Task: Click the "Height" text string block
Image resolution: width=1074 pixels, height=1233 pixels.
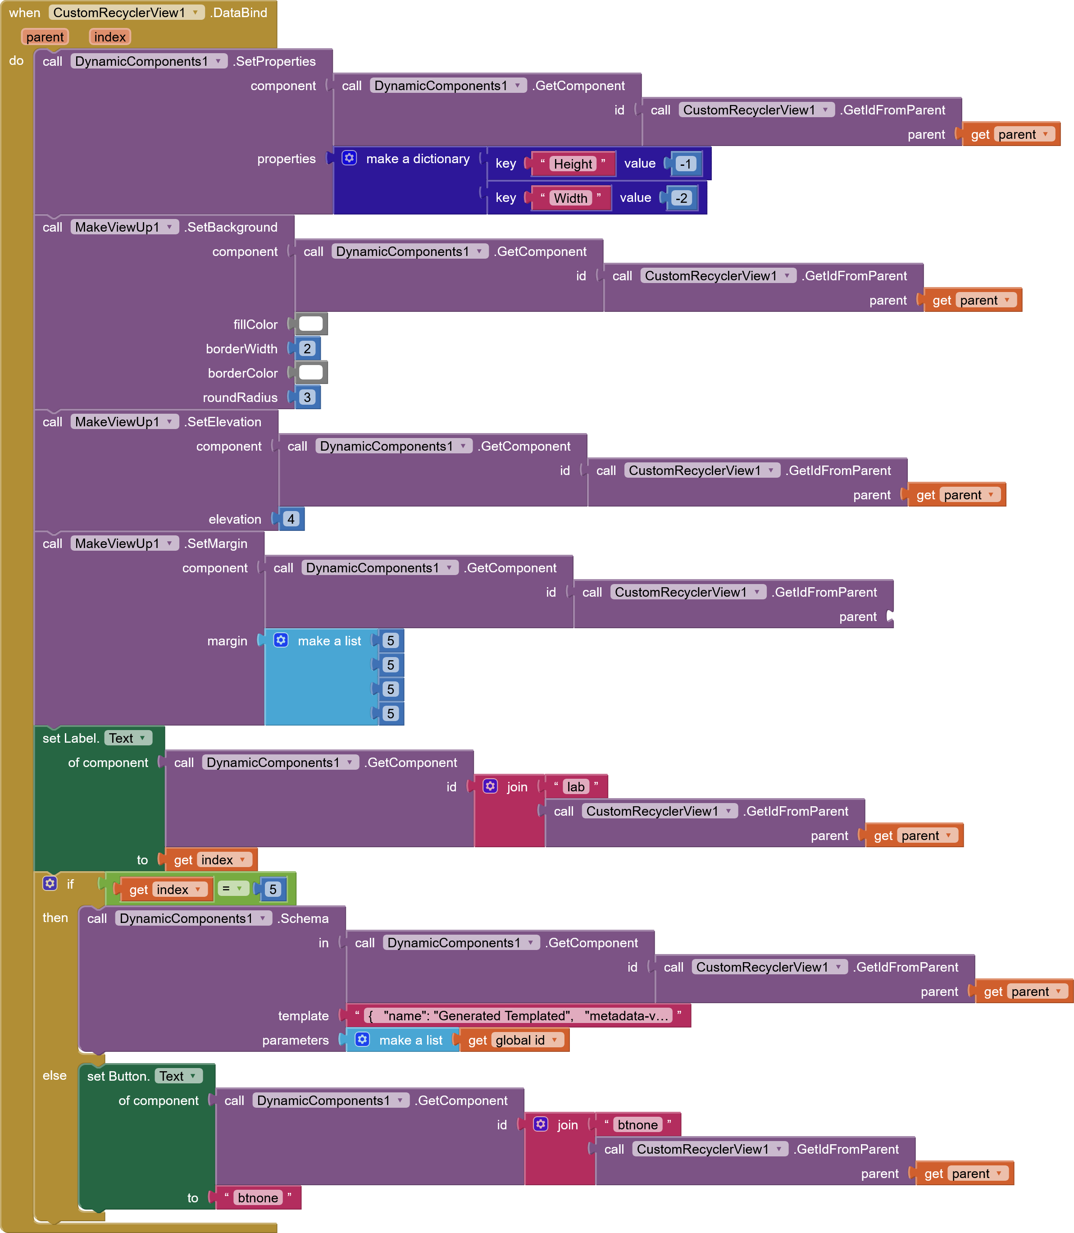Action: point(572,164)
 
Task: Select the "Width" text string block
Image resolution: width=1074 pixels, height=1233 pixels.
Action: point(570,198)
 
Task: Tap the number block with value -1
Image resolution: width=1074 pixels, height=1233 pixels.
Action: point(686,164)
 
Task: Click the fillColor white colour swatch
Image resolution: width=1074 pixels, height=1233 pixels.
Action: point(310,324)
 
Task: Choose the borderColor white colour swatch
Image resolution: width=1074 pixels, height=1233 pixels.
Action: point(310,372)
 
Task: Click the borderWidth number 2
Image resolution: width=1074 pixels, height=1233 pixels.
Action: point(307,348)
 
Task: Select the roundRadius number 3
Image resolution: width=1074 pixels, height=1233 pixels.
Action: point(307,397)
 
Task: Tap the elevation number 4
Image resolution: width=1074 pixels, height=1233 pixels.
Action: point(291,519)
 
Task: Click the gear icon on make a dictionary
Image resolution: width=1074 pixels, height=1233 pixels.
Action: point(350,158)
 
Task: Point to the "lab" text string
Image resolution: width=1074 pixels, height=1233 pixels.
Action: point(575,786)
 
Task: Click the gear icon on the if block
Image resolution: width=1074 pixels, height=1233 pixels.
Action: point(50,883)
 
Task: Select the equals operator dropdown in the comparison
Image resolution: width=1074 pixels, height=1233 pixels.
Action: point(232,888)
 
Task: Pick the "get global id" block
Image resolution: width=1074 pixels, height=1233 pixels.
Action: point(514,1040)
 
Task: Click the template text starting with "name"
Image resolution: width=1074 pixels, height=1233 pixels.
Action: point(519,1015)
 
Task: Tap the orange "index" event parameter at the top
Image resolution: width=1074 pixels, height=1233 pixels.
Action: point(109,37)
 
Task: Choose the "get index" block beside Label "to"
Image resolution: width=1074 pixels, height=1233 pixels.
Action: point(210,859)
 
